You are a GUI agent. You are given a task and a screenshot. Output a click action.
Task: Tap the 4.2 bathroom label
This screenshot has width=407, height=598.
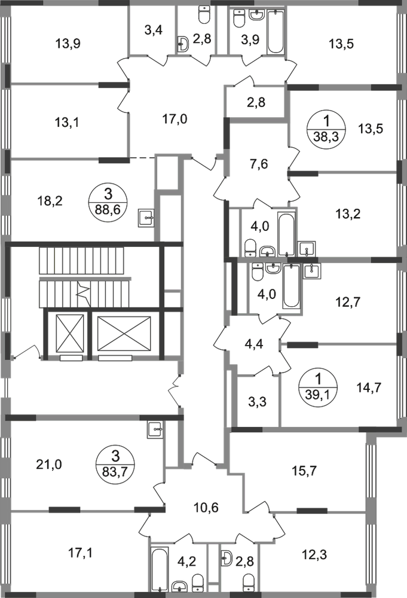tap(189, 562)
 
